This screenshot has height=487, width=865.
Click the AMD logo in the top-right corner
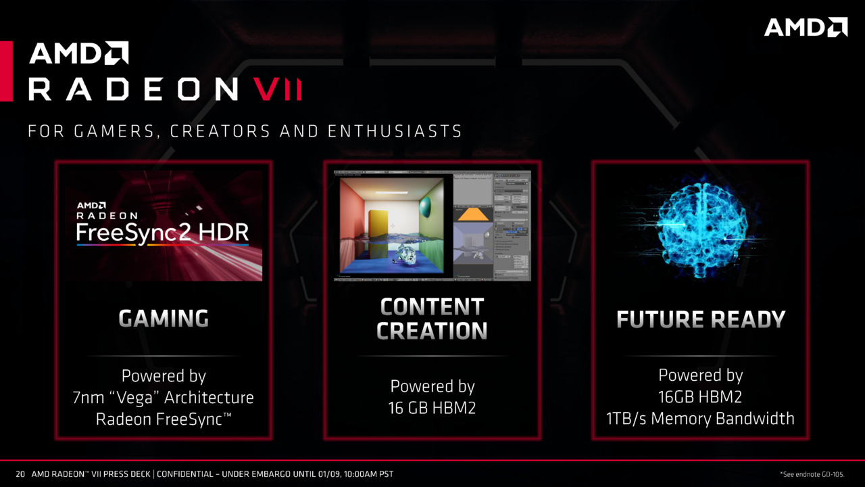[806, 27]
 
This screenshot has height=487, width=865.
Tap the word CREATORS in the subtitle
[220, 131]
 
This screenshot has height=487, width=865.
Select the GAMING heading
[164, 318]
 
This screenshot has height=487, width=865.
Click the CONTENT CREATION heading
[432, 319]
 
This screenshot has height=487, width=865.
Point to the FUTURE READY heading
[701, 319]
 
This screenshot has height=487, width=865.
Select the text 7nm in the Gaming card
[89, 398]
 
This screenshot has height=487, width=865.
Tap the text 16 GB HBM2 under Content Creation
[432, 408]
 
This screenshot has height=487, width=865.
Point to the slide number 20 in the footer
[20, 474]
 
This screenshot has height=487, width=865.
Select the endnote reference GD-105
[832, 474]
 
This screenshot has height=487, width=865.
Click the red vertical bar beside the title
[6, 71]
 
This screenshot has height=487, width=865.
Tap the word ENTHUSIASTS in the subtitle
[395, 131]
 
